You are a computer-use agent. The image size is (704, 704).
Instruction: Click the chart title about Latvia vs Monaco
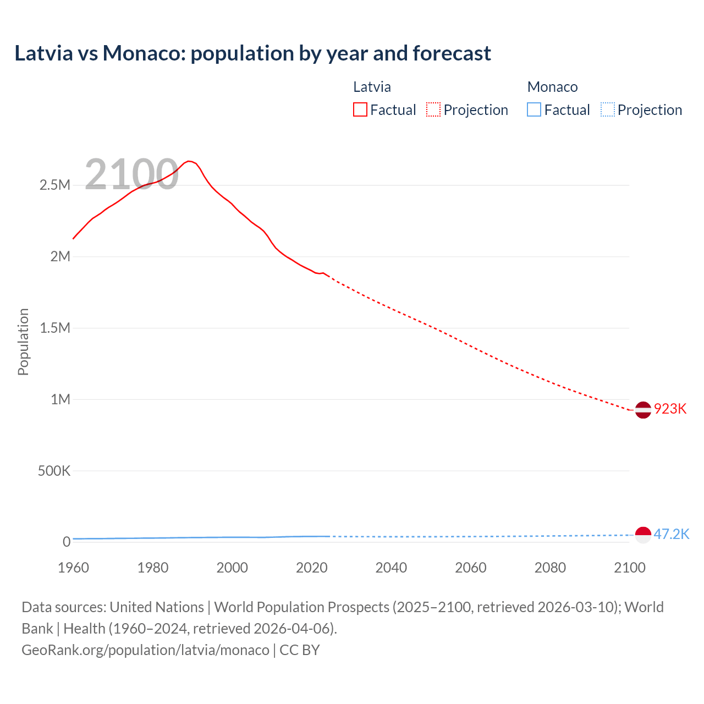click(252, 53)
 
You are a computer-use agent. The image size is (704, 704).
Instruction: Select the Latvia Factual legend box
click(360, 110)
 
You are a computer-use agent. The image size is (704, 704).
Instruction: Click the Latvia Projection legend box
click(433, 110)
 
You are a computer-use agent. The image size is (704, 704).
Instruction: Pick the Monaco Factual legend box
click(533, 110)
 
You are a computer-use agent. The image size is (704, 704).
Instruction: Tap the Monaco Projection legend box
click(607, 110)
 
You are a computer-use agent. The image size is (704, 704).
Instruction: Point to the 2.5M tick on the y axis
click(55, 185)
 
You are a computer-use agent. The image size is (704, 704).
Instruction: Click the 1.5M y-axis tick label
click(55, 328)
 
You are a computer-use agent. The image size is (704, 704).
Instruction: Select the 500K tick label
click(54, 471)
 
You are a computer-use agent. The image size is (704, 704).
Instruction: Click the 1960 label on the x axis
click(73, 568)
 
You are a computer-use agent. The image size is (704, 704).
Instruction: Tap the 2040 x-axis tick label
click(391, 568)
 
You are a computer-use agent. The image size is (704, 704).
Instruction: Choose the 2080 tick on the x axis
click(550, 568)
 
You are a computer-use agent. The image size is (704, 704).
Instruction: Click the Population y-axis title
click(23, 342)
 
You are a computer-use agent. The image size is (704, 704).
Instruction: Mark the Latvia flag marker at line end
click(643, 410)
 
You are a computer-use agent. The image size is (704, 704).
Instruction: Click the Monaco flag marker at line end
click(643, 535)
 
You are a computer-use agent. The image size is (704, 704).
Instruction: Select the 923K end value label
click(670, 409)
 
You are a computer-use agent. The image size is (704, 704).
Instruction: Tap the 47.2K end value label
click(671, 535)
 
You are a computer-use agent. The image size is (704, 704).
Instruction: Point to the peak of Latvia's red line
click(189, 161)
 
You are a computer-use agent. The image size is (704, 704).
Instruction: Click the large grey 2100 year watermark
click(131, 174)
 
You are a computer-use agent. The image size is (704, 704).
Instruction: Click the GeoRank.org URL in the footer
click(145, 650)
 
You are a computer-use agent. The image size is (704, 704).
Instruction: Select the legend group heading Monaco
click(552, 87)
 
